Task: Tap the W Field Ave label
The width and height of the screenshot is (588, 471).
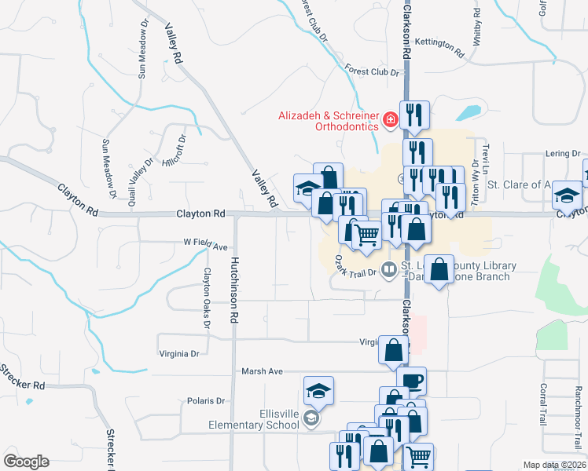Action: click(x=205, y=244)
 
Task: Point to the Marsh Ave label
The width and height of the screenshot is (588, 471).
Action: click(x=262, y=371)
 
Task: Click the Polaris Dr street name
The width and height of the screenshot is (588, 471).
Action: click(x=206, y=401)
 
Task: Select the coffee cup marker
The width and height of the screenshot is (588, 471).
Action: click(x=411, y=382)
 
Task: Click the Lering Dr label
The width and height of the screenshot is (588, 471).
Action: click(x=564, y=154)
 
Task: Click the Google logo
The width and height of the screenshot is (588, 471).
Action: click(x=26, y=462)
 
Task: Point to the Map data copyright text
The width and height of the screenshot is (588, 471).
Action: click(x=554, y=465)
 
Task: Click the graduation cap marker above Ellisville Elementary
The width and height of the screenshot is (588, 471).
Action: click(x=318, y=390)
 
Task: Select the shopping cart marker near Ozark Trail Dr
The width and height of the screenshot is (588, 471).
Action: click(x=366, y=233)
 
